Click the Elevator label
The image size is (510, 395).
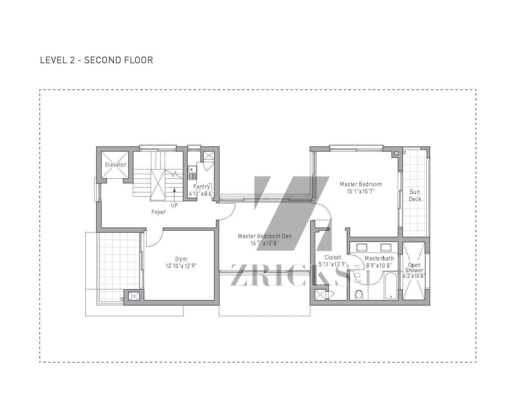[116, 165]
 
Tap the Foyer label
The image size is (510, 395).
[158, 212]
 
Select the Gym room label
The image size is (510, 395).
[181, 259]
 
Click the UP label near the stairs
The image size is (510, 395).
[175, 205]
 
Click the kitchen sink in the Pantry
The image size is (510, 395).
[192, 173]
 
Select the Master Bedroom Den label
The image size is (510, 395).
[265, 236]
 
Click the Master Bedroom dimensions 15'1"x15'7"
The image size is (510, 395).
[361, 191]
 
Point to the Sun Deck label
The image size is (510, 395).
[415, 195]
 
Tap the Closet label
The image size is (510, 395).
[333, 257]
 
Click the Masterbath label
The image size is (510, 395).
[379, 259]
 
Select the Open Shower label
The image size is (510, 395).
[414, 268]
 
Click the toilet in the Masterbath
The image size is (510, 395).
[359, 295]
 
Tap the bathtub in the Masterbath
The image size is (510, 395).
[391, 285]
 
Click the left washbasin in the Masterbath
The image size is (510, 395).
[362, 247]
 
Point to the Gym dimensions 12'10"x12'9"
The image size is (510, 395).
[181, 266]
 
